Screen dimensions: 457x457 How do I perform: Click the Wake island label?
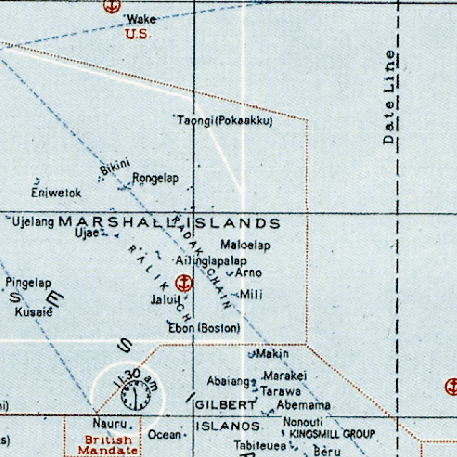click(141, 19)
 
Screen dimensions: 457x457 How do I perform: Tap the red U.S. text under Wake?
click(136, 34)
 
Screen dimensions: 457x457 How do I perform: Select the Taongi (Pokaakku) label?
click(225, 121)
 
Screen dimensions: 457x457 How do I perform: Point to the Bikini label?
click(115, 168)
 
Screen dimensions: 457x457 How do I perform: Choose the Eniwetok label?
click(56, 193)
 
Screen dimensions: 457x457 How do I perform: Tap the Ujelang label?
click(33, 222)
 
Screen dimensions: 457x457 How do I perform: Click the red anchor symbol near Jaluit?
click(183, 282)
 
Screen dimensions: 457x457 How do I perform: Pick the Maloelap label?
click(245, 245)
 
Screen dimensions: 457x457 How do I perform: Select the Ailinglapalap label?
click(211, 261)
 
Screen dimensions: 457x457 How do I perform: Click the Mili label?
click(251, 295)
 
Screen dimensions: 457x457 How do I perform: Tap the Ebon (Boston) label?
click(204, 328)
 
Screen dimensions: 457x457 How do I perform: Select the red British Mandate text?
click(108, 445)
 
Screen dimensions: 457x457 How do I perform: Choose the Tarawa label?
click(281, 391)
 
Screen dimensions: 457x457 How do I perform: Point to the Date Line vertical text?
click(389, 97)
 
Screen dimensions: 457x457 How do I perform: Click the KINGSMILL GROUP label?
click(332, 434)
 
